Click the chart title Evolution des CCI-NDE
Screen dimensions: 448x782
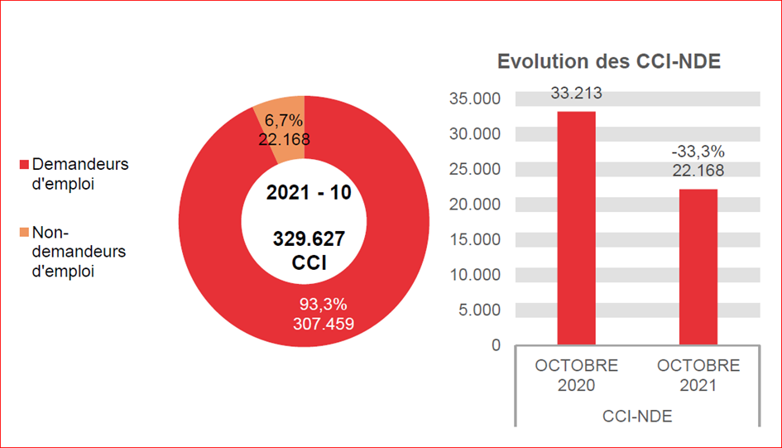pos(608,61)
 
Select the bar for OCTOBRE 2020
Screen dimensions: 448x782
pos(576,228)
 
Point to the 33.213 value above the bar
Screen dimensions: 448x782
pos(576,93)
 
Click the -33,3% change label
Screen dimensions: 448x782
pos(698,152)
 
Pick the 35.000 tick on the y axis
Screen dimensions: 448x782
pos(474,99)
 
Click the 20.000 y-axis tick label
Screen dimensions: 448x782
pos(474,205)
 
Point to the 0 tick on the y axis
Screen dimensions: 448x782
pos(496,345)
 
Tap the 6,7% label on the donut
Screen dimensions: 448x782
pos(284,123)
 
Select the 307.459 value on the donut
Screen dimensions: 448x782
pos(323,324)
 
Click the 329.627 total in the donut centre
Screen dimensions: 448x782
pos(309,240)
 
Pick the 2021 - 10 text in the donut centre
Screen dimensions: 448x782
pos(309,193)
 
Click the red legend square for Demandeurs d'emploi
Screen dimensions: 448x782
pos(24,165)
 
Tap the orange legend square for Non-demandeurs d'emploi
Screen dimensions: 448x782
pos(24,233)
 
